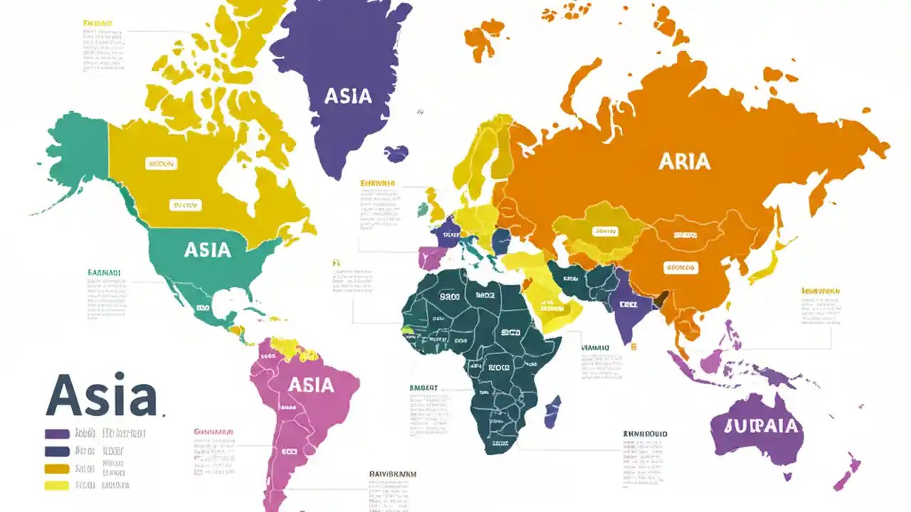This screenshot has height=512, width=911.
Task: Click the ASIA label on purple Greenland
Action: (348, 96)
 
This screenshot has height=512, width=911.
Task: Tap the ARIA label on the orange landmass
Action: (684, 161)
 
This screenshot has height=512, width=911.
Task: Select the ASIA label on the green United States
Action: (207, 250)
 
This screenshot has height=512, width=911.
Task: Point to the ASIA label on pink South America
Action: (310, 385)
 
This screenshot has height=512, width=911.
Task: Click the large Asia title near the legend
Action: (101, 396)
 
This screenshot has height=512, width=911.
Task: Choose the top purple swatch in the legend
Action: (57, 433)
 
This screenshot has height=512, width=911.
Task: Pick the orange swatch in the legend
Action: (57, 469)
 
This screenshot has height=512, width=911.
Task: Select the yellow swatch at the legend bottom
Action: (57, 486)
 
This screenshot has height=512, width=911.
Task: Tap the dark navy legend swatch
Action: (57, 451)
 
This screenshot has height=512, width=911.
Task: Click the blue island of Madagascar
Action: (552, 412)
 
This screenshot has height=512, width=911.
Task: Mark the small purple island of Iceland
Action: (396, 153)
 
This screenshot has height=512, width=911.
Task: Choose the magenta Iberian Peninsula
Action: (429, 257)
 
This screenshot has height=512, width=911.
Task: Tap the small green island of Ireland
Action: (423, 210)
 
